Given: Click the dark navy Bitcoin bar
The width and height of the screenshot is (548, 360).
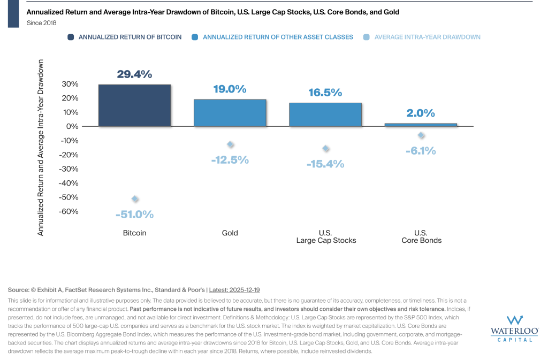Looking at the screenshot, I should click(x=134, y=105).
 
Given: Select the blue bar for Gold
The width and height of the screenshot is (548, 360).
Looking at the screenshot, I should click(x=230, y=112).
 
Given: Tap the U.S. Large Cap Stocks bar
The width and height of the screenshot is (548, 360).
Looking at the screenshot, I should click(x=325, y=114).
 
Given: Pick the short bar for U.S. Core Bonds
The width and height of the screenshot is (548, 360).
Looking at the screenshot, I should click(x=421, y=125).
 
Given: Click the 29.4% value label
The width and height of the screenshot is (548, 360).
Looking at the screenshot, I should click(x=134, y=75).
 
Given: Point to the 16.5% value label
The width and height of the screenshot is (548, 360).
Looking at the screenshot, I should click(x=325, y=93).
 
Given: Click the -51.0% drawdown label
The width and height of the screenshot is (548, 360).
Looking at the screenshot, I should click(x=134, y=215).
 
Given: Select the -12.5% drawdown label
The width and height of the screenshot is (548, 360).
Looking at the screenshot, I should click(x=230, y=159).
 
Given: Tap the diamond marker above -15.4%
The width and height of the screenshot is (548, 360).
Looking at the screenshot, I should click(x=325, y=149).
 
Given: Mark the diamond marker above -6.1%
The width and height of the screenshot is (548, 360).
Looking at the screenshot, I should click(x=421, y=135).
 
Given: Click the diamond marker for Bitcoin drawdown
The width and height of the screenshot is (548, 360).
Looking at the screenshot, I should click(x=135, y=199).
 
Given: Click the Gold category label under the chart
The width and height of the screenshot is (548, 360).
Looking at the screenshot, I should click(x=230, y=233).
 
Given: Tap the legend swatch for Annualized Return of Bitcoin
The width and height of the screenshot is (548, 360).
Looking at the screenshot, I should click(x=71, y=37).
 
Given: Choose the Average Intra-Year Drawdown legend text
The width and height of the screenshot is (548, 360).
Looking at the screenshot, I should click(x=427, y=37).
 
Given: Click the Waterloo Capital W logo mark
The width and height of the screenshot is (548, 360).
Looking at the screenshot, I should click(x=515, y=320).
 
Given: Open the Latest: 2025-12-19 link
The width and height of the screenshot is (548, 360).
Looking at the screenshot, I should click(x=234, y=289).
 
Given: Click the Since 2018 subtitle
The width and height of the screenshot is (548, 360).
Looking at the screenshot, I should click(x=42, y=23).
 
